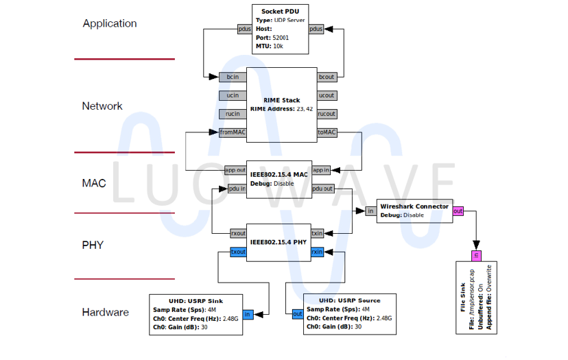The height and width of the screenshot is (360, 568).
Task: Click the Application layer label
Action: (110, 23)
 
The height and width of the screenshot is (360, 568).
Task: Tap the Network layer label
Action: (102, 106)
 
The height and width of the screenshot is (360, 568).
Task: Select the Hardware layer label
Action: (105, 313)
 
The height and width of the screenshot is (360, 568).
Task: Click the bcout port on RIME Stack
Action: (327, 77)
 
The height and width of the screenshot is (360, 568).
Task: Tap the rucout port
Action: (327, 114)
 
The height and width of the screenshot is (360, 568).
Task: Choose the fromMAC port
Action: (232, 132)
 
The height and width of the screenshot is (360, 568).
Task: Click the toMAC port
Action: (327, 132)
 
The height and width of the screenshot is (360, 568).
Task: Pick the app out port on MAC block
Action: (235, 170)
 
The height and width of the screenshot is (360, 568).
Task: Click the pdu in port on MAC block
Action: (237, 189)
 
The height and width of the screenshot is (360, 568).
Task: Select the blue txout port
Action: (237, 252)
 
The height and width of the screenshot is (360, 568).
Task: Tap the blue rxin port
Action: (317, 252)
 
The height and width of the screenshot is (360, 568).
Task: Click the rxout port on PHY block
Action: (237, 233)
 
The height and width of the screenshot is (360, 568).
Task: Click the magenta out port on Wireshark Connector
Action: (458, 211)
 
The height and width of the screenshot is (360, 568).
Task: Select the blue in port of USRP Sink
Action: (248, 315)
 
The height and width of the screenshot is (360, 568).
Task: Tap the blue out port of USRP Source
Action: (297, 315)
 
